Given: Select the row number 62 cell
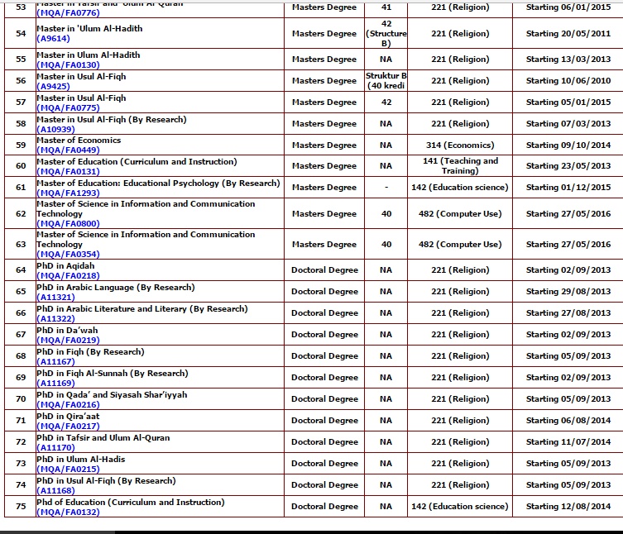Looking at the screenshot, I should click(21, 214).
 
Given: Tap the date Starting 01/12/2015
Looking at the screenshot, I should click(568, 188).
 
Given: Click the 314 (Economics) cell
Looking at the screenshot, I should click(459, 145).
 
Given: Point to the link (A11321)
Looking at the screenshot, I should click(55, 297).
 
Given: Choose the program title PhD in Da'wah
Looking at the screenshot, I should click(67, 331).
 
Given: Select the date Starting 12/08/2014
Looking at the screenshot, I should click(568, 507).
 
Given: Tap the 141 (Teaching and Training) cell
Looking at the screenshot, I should click(459, 165).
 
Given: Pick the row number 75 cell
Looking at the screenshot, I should click(21, 507).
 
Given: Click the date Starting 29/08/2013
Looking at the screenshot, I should click(568, 292).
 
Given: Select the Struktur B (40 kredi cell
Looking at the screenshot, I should click(386, 81).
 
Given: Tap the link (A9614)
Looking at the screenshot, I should click(53, 38).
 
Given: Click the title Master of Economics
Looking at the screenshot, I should click(79, 141).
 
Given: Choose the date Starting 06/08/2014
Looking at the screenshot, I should click(568, 421).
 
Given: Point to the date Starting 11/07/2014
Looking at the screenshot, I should click(568, 442).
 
